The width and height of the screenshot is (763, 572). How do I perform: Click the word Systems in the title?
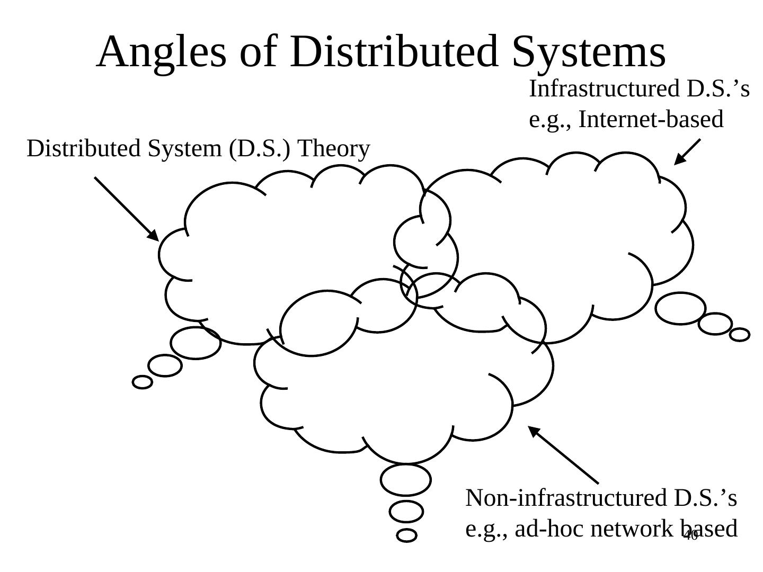(589, 52)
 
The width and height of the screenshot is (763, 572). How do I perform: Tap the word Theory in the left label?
(333, 149)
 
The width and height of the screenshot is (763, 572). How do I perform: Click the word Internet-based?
(651, 120)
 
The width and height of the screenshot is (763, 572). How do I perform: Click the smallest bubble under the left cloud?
(142, 382)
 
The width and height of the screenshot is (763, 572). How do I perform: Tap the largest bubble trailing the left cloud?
(196, 343)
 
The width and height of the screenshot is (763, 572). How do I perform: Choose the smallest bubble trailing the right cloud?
(740, 335)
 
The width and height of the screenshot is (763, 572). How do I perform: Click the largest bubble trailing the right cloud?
(680, 308)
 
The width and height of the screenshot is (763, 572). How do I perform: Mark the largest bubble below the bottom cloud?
(405, 480)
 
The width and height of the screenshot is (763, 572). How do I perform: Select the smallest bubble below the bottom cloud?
(406, 535)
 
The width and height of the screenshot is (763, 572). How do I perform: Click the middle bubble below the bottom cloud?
(406, 512)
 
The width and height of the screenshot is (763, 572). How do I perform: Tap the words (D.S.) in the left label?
(259, 149)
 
